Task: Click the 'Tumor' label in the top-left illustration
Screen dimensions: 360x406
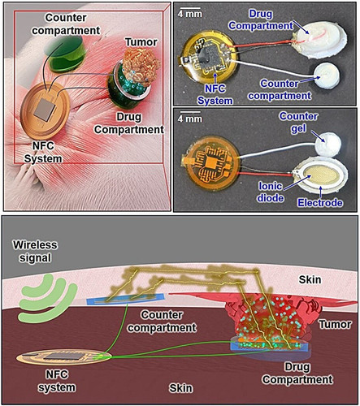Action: point(141,42)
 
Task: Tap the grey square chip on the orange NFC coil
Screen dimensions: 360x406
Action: point(46,109)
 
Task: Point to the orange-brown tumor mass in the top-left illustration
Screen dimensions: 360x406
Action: point(141,67)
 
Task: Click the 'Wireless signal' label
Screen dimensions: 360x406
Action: point(35,251)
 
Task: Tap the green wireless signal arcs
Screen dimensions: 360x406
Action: point(47,298)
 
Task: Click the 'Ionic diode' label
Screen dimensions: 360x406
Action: point(270,192)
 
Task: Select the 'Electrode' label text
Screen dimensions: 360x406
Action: point(320,202)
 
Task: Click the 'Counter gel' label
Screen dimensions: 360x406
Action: point(298,122)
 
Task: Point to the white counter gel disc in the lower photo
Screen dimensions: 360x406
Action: point(327,145)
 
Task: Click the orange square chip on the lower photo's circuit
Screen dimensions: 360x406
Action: point(210,162)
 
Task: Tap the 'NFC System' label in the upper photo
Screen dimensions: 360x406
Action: point(215,94)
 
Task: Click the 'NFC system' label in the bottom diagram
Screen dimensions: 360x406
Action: point(57,381)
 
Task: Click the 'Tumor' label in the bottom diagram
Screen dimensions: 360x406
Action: point(335,324)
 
